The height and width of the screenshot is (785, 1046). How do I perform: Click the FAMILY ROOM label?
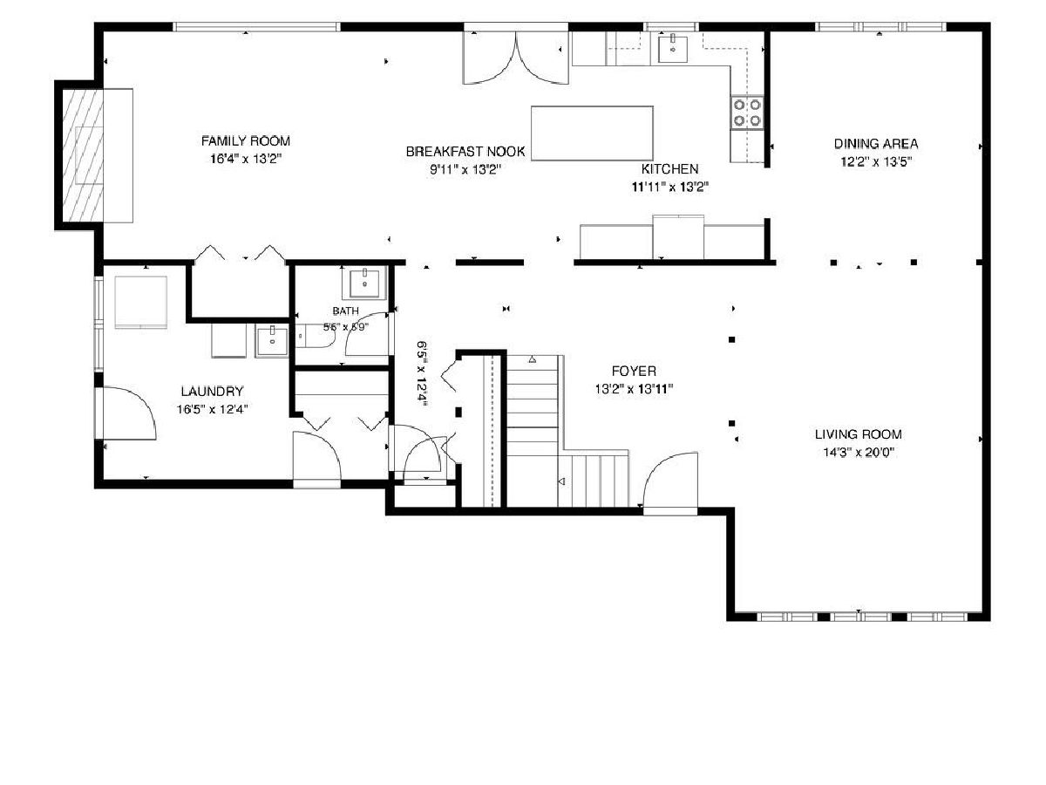click(246, 141)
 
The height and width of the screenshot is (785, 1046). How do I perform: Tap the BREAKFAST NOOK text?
click(465, 152)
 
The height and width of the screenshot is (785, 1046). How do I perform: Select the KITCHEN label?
click(669, 168)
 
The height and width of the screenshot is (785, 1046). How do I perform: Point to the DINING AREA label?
click(876, 143)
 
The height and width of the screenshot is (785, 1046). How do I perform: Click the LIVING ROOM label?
click(858, 434)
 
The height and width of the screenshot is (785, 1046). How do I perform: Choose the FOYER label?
click(634, 371)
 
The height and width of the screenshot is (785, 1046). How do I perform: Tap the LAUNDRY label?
click(212, 392)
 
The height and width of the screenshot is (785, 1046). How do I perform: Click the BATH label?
click(345, 311)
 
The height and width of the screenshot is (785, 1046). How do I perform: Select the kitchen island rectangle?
click(592, 133)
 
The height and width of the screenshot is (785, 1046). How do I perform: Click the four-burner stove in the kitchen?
click(747, 113)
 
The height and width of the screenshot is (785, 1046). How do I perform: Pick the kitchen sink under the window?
click(673, 48)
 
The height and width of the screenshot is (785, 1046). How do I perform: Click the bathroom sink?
click(364, 283)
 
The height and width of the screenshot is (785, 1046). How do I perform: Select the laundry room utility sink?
click(272, 340)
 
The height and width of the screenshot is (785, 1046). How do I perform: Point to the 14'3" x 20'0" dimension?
click(859, 453)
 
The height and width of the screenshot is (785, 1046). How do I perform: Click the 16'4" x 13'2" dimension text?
click(246, 159)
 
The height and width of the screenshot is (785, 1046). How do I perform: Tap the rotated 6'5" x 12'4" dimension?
click(422, 372)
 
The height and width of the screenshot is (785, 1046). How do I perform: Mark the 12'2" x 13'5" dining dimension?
click(876, 161)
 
